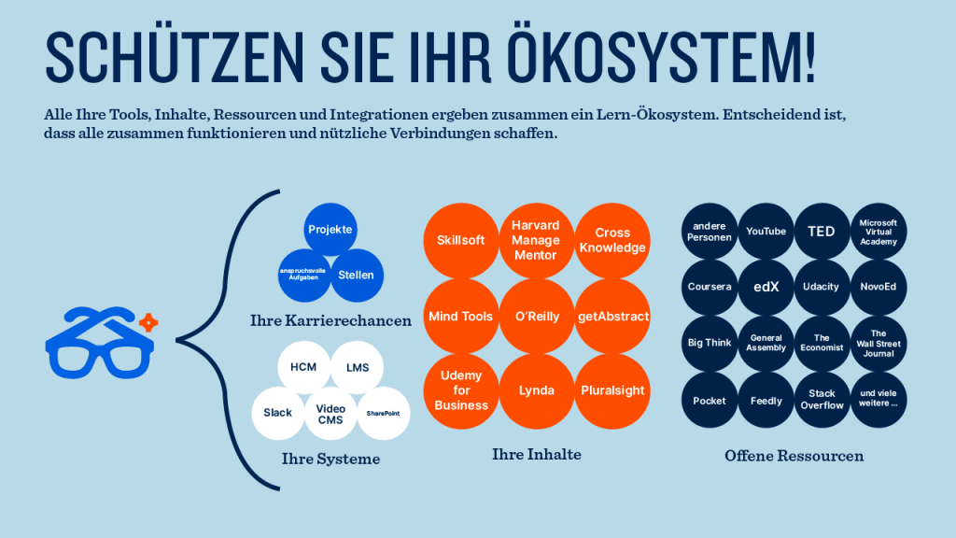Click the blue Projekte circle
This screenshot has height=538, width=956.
point(330,230)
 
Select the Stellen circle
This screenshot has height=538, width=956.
point(357,276)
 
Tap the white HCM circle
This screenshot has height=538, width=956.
point(303,367)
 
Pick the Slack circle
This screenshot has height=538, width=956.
point(278,413)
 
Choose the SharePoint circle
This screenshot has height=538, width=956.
point(384,413)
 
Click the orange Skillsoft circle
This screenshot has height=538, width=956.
point(461,240)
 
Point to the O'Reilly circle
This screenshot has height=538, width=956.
point(537,316)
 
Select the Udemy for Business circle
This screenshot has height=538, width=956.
point(461,391)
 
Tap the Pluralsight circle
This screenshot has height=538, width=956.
point(612,391)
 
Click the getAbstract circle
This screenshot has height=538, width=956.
point(612,316)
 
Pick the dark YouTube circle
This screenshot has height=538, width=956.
point(766,232)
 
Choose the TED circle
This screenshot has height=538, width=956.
point(822,232)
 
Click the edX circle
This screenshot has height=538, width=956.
point(766,288)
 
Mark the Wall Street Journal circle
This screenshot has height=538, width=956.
point(879,344)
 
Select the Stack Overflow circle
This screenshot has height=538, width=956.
point(822,400)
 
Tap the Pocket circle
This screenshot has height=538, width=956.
point(710,400)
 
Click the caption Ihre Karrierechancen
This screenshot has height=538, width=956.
point(331,321)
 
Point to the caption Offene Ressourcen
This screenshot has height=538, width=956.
point(794,456)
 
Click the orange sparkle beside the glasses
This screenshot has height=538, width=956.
point(148,322)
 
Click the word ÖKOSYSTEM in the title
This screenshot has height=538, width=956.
point(661,56)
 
